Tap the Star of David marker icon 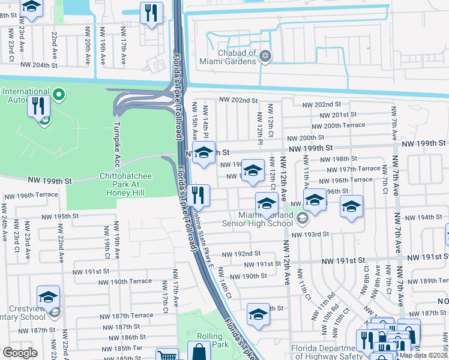[x=265, y=58]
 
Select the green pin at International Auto [x=59, y=94]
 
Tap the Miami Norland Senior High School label [x=258, y=220]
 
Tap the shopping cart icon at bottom [x=166, y=356]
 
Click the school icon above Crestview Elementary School [x=49, y=296]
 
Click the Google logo [x=20, y=353]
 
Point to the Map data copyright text [x=423, y=355]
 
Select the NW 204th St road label [x=41, y=64]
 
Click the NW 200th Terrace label [x=343, y=125]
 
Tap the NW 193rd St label [x=310, y=234]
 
